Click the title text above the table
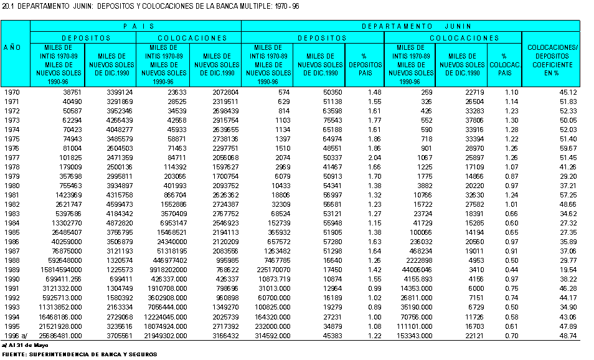[151, 6]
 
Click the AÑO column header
[12, 48]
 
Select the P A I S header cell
[139, 26]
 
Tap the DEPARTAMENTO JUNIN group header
[417, 26]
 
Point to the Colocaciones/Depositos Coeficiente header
[552, 60]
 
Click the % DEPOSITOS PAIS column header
[365, 64]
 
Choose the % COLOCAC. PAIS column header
[505, 64]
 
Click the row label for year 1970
[12, 92]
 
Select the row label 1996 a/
[16, 336]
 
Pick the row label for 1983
[12, 214]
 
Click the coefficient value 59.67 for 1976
[568, 148]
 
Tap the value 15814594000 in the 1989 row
[61, 270]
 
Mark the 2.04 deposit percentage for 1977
[375, 158]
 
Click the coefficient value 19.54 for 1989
[568, 270]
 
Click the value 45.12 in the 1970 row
[568, 92]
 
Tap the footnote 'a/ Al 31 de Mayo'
[25, 345]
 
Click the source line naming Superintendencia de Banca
[80, 354]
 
